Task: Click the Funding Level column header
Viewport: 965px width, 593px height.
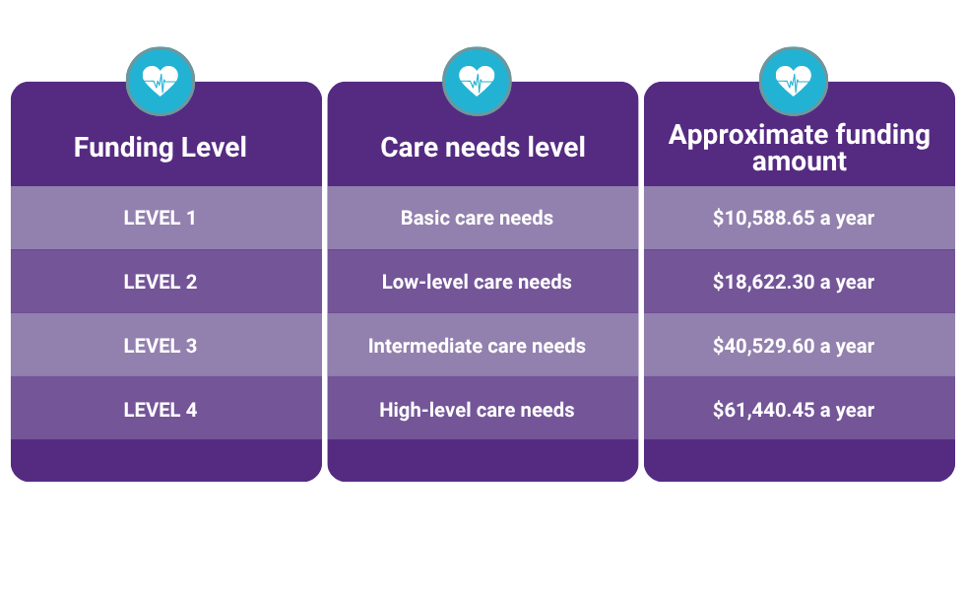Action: point(160,148)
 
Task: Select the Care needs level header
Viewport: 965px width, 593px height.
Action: point(482,148)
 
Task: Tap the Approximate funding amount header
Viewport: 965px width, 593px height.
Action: point(799,148)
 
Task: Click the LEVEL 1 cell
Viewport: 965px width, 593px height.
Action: point(160,218)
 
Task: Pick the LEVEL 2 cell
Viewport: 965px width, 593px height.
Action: point(160,282)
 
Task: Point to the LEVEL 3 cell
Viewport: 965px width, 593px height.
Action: point(160,346)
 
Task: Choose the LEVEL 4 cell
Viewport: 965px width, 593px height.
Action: point(160,410)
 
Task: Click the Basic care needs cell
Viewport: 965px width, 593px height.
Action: point(477,218)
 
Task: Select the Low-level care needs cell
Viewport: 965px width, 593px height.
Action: point(477,282)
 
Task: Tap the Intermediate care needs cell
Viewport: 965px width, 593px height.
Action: point(477,346)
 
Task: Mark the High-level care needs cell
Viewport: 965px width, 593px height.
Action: point(477,410)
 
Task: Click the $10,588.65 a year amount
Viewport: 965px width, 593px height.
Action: point(794,218)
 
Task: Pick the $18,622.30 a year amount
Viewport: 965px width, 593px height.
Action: point(794,282)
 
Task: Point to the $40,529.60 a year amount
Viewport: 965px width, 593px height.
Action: point(794,346)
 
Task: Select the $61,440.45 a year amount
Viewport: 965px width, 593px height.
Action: point(794,410)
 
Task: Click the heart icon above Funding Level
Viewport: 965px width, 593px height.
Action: point(161,82)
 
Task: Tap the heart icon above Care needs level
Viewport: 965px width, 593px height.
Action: point(477,82)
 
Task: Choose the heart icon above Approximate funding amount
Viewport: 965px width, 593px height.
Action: point(794,82)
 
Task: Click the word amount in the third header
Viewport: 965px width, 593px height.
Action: point(799,162)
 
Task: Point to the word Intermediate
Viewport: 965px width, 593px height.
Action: point(426,346)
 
